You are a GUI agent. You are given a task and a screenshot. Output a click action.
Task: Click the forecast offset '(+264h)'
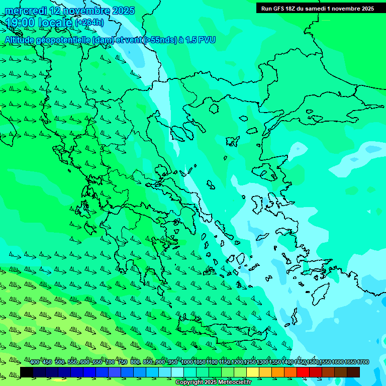(89, 23)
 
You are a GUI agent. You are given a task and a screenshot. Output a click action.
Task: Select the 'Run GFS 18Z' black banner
(317, 9)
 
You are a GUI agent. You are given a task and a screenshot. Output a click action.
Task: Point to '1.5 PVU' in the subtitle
(200, 40)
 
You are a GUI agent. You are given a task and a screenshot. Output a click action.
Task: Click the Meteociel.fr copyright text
(213, 382)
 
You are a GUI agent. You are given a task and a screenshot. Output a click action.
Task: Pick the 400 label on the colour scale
(34, 362)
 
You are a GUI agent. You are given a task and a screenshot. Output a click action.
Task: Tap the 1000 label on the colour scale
(186, 362)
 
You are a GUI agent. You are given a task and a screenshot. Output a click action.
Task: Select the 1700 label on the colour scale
(363, 362)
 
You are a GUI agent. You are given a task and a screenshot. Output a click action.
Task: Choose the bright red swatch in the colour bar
(303, 372)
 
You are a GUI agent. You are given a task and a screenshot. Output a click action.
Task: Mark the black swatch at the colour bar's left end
(27, 372)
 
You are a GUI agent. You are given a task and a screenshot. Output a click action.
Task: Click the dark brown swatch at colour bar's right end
(353, 372)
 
